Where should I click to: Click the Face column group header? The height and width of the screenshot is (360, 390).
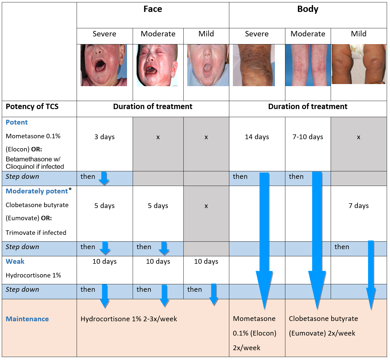(x=153, y=9)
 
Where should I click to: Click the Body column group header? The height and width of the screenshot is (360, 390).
(x=308, y=9)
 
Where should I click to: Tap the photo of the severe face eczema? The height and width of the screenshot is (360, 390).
(x=104, y=65)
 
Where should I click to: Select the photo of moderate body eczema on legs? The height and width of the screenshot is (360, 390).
(x=308, y=65)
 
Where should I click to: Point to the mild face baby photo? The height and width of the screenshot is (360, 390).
(x=208, y=65)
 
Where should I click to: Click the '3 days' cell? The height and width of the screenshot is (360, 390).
(x=104, y=137)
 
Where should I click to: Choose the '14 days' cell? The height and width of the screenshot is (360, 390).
(x=257, y=137)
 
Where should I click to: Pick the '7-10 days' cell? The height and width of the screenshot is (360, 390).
(x=308, y=137)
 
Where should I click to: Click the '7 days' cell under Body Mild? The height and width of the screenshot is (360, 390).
(x=359, y=206)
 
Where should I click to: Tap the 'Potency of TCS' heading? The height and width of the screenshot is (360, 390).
(x=32, y=107)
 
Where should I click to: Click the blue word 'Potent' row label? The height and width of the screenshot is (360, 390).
(x=17, y=122)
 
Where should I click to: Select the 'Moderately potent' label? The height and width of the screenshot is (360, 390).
(x=37, y=191)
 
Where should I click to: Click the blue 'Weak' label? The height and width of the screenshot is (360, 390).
(x=15, y=262)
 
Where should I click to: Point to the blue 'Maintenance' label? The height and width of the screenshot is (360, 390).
(x=27, y=319)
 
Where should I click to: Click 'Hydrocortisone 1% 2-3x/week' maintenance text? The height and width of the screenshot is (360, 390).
(x=129, y=319)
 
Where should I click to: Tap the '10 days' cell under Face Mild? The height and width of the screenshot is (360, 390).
(x=206, y=262)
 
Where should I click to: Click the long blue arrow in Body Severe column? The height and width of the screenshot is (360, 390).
(x=264, y=238)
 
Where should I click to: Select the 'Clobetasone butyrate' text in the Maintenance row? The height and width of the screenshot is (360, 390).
(x=324, y=319)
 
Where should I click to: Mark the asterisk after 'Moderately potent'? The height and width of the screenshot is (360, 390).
(x=70, y=190)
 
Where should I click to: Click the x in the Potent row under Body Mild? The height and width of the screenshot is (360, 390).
(x=359, y=137)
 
